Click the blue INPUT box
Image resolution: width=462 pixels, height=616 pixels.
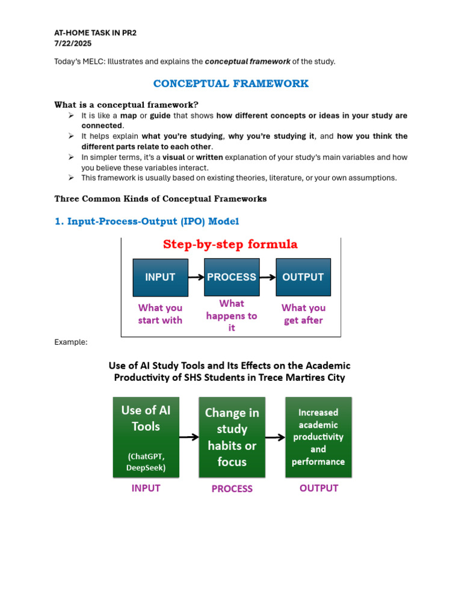tap(160, 277)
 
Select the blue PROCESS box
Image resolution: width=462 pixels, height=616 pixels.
tap(232, 277)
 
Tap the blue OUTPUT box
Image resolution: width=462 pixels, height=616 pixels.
tap(303, 277)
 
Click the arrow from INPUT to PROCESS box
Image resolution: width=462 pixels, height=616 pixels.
tap(196, 277)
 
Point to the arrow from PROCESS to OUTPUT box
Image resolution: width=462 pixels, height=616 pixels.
tap(267, 277)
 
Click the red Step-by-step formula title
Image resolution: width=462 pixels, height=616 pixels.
tap(230, 244)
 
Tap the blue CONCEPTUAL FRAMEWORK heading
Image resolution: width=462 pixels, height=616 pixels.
tap(231, 84)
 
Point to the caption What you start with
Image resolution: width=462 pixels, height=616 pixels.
tap(160, 314)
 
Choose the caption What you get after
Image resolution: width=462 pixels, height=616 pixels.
tap(303, 314)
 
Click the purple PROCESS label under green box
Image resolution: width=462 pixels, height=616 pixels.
tap(232, 489)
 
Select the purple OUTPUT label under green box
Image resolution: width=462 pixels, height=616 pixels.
tap(319, 488)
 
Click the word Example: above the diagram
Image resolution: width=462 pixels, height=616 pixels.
tap(71, 342)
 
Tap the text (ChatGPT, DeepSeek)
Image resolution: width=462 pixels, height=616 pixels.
tap(146, 461)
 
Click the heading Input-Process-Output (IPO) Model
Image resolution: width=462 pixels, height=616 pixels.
tap(147, 221)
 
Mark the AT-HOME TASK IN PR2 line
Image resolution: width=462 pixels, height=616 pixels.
tap(96, 33)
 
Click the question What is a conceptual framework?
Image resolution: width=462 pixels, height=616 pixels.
tap(126, 105)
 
